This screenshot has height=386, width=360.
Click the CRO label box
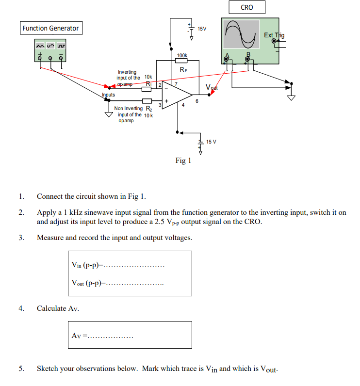tap(247, 7)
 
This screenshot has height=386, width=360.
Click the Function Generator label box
tap(50, 28)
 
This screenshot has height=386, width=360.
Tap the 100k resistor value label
tap(182, 56)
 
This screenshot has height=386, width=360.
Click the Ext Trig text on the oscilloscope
tap(274, 35)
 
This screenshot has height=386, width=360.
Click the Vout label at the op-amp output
tap(212, 87)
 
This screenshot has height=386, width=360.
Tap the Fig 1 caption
tap(183, 161)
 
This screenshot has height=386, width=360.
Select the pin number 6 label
tap(196, 101)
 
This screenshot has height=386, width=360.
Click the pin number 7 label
tap(176, 84)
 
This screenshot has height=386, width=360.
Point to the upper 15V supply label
tap(202, 29)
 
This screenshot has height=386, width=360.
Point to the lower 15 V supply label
tap(211, 142)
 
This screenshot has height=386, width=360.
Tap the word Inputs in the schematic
tap(108, 95)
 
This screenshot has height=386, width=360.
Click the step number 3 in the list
tap(21, 238)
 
